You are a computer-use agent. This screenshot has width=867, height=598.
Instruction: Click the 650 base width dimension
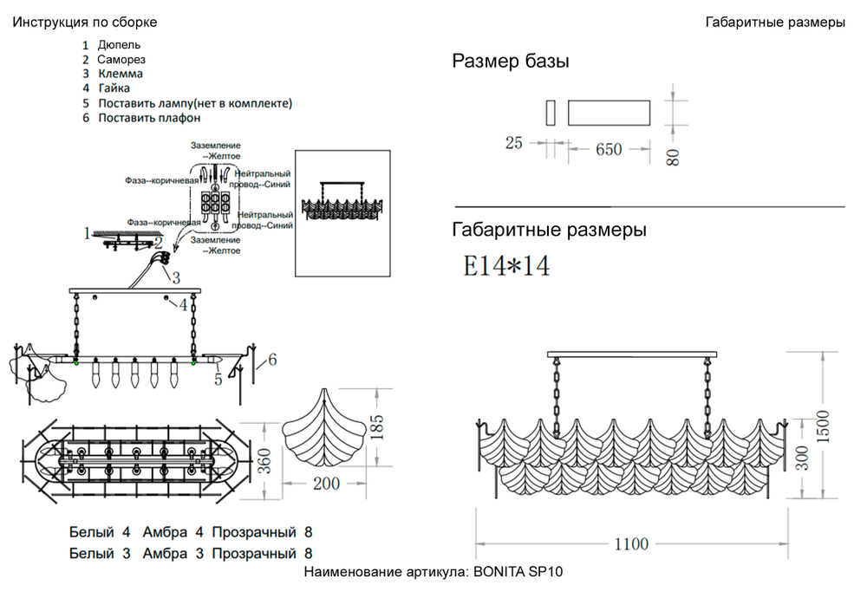(609, 149)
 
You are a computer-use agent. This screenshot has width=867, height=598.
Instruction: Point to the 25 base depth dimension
(514, 143)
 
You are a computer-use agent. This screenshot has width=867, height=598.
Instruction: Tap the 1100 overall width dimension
(631, 544)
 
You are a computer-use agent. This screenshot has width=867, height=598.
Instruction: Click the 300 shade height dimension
(803, 458)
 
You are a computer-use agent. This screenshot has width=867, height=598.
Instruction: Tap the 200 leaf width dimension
(326, 484)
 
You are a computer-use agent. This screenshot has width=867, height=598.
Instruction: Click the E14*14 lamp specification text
(507, 265)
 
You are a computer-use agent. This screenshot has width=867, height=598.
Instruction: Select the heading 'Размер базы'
(511, 62)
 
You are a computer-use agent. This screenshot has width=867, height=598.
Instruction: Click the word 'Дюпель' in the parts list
(120, 44)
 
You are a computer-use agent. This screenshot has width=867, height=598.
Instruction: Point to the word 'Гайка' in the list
(114, 88)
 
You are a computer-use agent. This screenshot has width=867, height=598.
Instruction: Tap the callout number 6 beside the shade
(272, 359)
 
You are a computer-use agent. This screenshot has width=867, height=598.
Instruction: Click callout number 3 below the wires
(175, 277)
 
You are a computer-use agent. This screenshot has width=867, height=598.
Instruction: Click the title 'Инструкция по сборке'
(85, 22)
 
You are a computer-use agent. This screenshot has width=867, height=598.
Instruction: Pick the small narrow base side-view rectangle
(550, 114)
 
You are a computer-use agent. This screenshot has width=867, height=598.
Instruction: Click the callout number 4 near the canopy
(184, 304)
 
